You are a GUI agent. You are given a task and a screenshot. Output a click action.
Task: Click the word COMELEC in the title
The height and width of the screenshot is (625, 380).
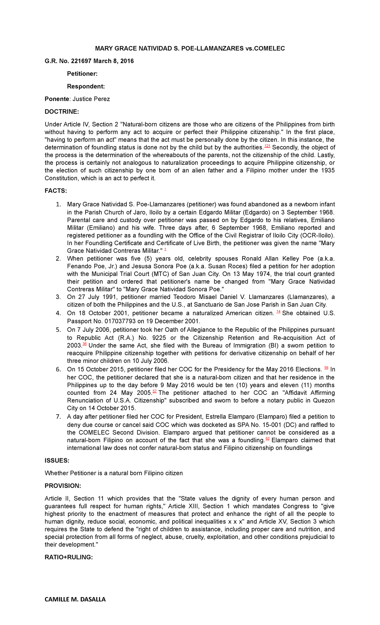[269, 48]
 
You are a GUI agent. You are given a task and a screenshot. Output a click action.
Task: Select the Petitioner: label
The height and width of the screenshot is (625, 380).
[82, 74]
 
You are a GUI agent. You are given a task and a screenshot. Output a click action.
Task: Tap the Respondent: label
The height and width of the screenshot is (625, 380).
[86, 86]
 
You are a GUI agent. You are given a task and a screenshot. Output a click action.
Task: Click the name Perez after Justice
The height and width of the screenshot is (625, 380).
[102, 99]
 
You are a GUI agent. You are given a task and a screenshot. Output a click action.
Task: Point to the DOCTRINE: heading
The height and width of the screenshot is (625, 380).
[61, 112]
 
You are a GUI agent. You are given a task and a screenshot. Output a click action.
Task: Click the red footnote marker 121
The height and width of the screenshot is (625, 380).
[267, 146]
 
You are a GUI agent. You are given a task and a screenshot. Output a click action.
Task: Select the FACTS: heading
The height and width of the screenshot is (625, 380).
[56, 191]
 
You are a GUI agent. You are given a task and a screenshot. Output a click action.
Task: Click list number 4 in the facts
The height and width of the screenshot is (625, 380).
[58, 313]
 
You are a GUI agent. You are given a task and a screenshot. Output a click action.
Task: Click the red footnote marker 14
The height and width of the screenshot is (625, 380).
[278, 312]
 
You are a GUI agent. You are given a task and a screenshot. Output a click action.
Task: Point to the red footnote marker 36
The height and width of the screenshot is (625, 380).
[85, 344]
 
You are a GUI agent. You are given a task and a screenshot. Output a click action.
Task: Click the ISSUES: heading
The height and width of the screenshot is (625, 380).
[57, 460]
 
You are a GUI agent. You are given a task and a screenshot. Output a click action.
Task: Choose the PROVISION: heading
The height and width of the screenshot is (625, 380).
[63, 486]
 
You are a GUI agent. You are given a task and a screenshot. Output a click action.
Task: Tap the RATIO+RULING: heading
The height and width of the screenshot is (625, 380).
[68, 557]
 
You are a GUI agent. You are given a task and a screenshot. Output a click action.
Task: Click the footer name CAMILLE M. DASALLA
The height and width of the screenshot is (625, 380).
[75, 599]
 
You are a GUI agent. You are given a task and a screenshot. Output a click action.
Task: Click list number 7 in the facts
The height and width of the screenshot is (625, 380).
[58, 417]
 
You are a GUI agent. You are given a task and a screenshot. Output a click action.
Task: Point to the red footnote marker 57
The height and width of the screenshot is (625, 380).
[155, 391]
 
